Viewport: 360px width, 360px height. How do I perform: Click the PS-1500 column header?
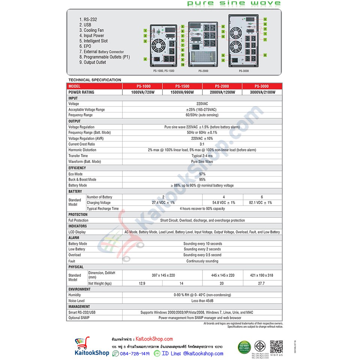183,86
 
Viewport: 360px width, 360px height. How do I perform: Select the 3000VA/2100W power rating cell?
262,92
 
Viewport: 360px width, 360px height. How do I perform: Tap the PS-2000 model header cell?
222,86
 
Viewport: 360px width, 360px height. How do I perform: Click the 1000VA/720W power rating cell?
142,92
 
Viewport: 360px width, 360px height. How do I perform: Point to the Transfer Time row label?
78,156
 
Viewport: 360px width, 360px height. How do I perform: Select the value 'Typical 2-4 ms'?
202,156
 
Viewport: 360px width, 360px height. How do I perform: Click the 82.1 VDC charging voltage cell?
262,202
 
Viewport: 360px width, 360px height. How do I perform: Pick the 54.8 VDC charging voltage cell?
222,202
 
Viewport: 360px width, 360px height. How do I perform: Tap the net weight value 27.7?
262,283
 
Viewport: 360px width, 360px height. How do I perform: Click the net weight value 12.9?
142,283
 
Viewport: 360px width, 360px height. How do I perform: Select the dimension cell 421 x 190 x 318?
262,275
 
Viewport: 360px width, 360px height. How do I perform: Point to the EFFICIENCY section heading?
77,168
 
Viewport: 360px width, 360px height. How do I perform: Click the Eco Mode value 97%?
202,174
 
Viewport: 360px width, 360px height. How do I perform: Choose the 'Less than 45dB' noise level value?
202,301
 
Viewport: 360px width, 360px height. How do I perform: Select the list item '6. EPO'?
85,46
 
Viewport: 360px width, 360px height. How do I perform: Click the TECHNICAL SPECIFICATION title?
95,80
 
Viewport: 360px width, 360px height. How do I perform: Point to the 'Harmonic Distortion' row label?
82,150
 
